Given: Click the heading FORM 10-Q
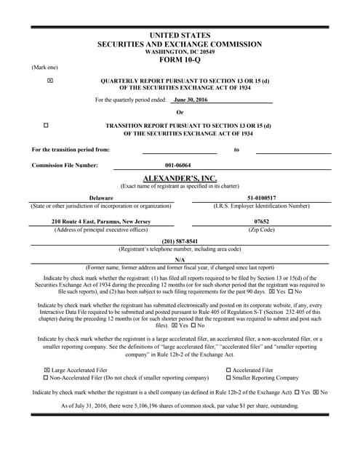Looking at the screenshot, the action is tap(180, 60).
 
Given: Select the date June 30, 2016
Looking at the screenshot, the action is tap(191, 100).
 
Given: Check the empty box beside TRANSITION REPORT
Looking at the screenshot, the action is tap(46, 126).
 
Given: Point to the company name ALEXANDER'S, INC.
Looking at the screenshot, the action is tap(179, 178).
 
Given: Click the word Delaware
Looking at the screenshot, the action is tap(101, 198).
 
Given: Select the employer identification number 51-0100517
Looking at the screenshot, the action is tap(261, 198).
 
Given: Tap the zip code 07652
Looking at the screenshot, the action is tap(262, 221).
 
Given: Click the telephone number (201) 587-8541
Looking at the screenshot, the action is tap(180, 241).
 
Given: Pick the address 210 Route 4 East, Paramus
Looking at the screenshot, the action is tap(101, 221).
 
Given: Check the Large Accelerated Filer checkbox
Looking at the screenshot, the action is tap(47, 370).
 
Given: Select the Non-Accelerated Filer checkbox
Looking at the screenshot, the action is tap(47, 378).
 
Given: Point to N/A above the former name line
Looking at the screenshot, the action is tap(180, 259).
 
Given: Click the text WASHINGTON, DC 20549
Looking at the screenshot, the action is tap(180, 52).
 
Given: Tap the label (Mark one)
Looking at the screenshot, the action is tap(44, 68).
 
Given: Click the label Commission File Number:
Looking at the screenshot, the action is tap(65, 166).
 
